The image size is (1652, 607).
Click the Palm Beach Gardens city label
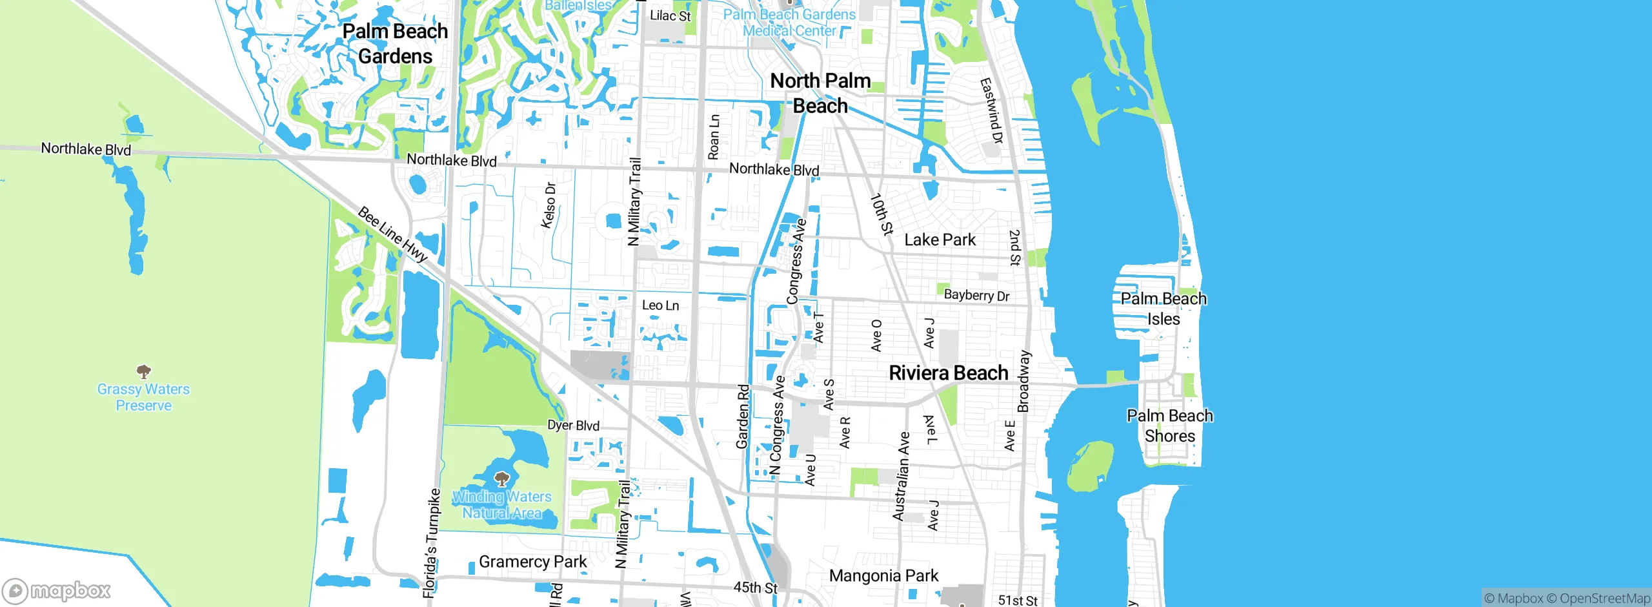click(395, 43)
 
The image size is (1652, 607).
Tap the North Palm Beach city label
click(820, 93)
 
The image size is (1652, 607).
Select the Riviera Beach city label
click(948, 373)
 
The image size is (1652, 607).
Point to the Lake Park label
click(940, 240)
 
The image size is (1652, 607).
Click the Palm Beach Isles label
click(1163, 309)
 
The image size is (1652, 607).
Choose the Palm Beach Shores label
click(1169, 426)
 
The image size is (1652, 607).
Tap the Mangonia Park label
click(883, 575)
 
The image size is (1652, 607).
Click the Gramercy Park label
click(532, 562)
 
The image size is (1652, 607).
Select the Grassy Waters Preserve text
click(143, 397)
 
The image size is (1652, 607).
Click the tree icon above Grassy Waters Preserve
click(143, 371)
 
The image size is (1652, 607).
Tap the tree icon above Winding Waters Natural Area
click(501, 479)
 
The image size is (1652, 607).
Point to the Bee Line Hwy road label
click(392, 234)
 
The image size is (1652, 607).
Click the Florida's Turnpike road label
click(430, 542)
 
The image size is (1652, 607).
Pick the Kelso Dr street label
click(549, 205)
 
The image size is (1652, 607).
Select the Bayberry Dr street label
click(976, 295)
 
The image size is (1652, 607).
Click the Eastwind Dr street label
click(991, 110)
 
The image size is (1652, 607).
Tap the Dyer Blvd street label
click(573, 425)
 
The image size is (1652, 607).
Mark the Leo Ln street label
click(660, 305)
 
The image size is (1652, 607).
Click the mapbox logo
click(56, 590)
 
